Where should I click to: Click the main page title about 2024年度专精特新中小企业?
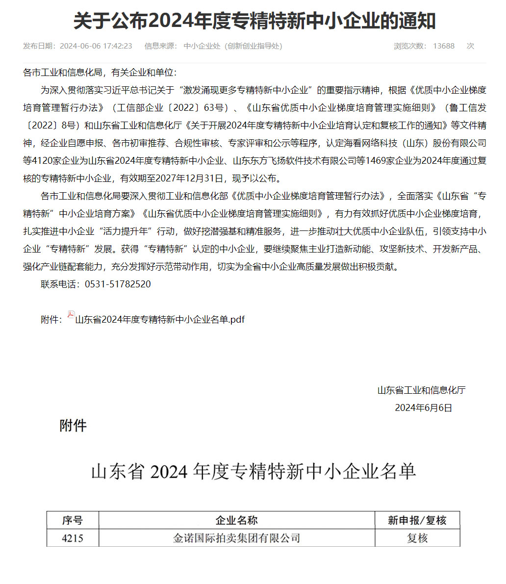pyautogui.click(x=254, y=21)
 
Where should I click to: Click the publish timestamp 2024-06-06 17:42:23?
pyautogui.click(x=96, y=46)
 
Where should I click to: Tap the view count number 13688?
pyautogui.click(x=443, y=46)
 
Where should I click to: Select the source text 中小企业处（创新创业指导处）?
pyautogui.click(x=233, y=46)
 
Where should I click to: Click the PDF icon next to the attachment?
pyautogui.click(x=71, y=315)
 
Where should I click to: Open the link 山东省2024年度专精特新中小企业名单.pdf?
pyautogui.click(x=160, y=320)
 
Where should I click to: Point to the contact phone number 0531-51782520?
pyautogui.click(x=118, y=284)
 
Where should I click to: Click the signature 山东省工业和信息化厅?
pyautogui.click(x=421, y=390)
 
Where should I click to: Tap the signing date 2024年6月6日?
pyautogui.click(x=423, y=407)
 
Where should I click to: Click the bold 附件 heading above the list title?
pyautogui.click(x=73, y=425)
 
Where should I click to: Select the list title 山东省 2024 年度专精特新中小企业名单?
pyautogui.click(x=253, y=472)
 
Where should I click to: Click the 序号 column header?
pyautogui.click(x=73, y=520)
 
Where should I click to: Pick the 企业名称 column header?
pyautogui.click(x=237, y=520)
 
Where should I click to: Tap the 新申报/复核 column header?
pyautogui.click(x=417, y=520)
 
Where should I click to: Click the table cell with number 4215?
pyautogui.click(x=73, y=538)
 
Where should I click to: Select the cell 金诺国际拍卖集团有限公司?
pyautogui.click(x=237, y=538)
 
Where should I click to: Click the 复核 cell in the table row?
pyautogui.click(x=417, y=538)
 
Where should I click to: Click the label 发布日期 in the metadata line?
pyautogui.click(x=39, y=46)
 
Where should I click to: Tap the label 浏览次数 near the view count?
pyautogui.click(x=410, y=46)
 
